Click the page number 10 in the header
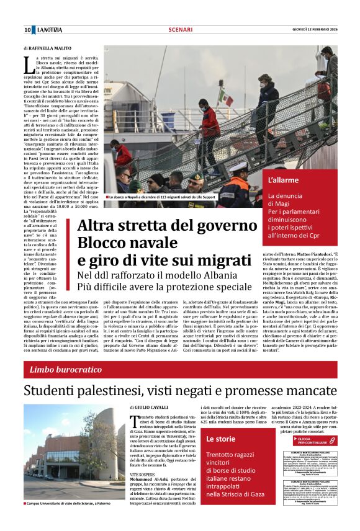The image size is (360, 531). click(x=28, y=30)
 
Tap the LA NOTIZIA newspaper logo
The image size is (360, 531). click(x=50, y=30)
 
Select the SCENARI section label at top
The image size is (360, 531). click(x=180, y=30)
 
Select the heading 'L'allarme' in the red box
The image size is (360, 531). click(x=282, y=181)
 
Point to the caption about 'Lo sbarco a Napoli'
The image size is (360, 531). click(x=169, y=197)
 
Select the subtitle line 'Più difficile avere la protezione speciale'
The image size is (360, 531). click(x=164, y=287)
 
